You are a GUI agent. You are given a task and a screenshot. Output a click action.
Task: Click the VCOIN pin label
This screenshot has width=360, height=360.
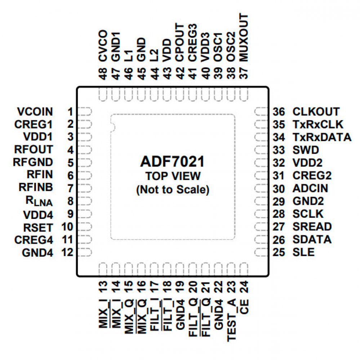[x=35, y=111]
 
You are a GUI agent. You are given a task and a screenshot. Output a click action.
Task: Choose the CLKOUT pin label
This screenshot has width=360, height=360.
[x=316, y=111]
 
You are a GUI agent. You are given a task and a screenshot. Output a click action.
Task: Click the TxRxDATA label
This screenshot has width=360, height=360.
[x=322, y=137]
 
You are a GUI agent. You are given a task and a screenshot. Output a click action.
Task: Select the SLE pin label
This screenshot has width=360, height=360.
[x=303, y=252]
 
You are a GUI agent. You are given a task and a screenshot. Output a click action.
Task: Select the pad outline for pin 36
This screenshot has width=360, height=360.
[x=261, y=112]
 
